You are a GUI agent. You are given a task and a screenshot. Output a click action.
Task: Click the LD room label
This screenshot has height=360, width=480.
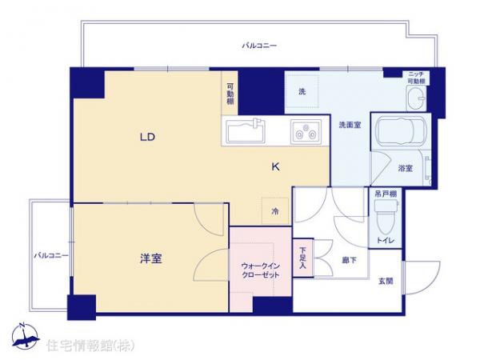tap(146, 137)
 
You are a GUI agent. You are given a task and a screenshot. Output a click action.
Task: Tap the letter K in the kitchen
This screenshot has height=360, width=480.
tap(275, 167)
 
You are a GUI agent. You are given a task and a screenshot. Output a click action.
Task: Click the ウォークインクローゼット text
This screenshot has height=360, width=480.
tap(260, 270)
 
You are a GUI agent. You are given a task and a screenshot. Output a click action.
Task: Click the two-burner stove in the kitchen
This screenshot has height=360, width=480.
tap(305, 130)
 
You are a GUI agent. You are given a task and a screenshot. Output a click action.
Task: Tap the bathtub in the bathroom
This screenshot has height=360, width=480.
tap(397, 136)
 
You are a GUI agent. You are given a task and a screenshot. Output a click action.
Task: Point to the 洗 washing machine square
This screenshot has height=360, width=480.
tap(303, 93)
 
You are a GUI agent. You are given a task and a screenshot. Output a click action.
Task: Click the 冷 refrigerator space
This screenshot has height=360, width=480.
tap(275, 211)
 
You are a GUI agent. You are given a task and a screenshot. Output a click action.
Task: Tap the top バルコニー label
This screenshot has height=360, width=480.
tap(260, 46)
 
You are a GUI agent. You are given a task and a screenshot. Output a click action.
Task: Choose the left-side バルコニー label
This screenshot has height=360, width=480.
tap(50, 255)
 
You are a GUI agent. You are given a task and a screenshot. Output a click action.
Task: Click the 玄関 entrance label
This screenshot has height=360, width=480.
tap(385, 281)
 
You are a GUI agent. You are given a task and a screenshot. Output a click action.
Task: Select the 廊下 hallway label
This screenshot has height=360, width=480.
tap(348, 259)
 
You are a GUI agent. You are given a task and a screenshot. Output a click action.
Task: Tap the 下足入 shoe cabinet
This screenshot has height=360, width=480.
tap(303, 259)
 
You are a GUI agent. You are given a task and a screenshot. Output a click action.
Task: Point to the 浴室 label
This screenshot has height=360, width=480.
tap(406, 168)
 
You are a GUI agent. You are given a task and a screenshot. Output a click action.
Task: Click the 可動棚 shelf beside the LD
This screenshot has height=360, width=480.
tap(230, 94)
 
